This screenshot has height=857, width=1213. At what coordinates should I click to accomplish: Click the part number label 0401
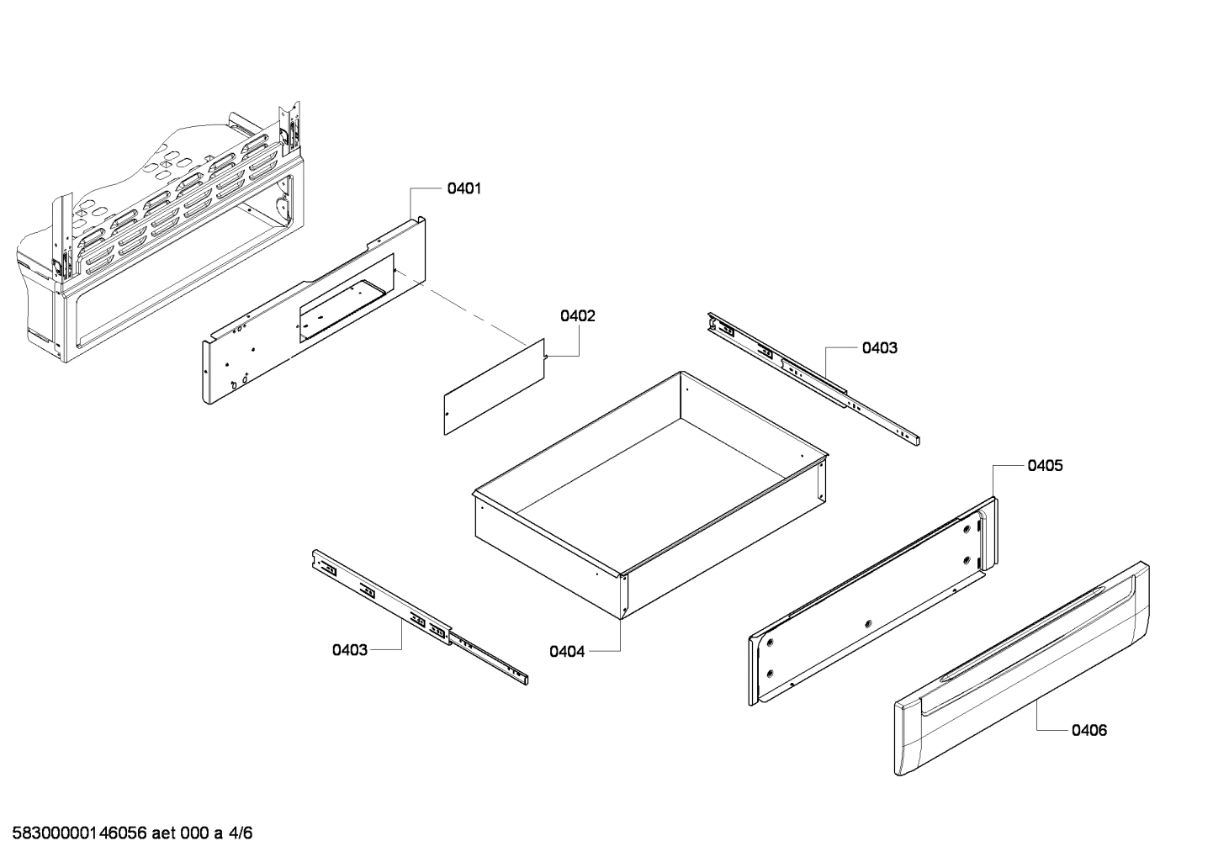463,189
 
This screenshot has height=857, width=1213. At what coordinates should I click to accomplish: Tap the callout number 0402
578,316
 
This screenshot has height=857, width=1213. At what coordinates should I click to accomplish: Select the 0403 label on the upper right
879,347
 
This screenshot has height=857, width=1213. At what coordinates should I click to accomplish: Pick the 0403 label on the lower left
349,649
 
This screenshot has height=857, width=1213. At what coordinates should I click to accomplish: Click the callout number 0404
567,651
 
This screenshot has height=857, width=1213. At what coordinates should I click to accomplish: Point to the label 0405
1044,465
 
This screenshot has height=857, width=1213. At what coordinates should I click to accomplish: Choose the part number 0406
1089,730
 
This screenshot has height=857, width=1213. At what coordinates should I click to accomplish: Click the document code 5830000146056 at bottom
80,833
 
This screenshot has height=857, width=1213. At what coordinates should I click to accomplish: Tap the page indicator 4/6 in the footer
240,833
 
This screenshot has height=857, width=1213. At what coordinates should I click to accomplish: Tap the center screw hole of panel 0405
868,624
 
